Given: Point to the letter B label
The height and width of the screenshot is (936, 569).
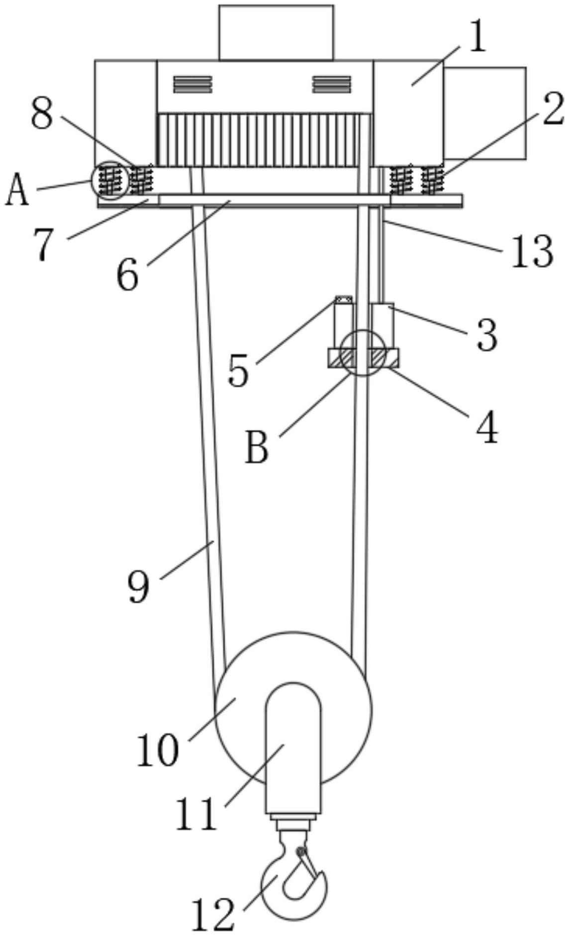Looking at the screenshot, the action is tap(257, 447).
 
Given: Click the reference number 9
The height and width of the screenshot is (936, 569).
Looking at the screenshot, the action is tap(138, 586).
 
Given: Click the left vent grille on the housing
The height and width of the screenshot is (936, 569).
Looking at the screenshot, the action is tap(193, 84).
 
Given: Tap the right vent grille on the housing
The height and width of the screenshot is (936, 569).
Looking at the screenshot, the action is tap(332, 84).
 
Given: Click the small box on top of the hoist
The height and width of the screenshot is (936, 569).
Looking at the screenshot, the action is tap(276, 33).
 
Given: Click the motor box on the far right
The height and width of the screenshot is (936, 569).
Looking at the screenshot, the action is tap(484, 113).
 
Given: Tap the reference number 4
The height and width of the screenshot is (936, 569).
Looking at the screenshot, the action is tap(487, 427).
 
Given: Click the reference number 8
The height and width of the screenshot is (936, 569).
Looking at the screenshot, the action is tap(42, 114).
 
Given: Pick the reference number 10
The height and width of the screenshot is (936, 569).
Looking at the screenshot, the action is tap(157, 749).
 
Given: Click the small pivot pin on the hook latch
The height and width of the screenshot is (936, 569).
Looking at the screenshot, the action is tap(300, 851).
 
